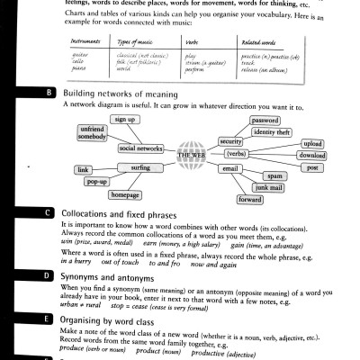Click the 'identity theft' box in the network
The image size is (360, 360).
271,132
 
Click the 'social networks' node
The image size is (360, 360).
140,148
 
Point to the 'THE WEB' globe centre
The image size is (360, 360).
192,155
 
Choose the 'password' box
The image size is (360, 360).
265,120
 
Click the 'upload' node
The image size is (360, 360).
311,144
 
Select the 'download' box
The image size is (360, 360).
311,156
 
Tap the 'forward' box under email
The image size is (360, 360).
250,199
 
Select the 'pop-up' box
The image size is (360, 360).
97,182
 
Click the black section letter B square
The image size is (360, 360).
49,93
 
